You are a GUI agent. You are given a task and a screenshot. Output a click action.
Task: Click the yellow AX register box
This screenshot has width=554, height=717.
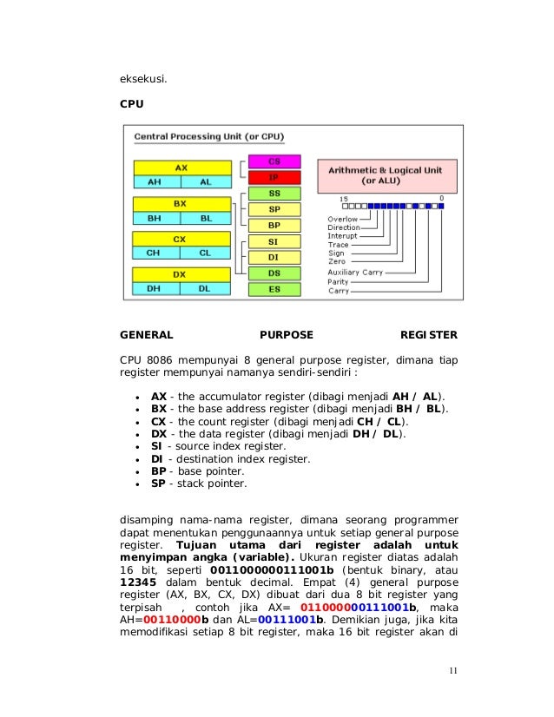pos(181,167)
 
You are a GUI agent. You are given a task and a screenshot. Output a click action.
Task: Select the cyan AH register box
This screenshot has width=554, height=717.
pos(155,182)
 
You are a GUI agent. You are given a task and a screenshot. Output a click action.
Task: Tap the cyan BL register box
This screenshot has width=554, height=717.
pos(205,218)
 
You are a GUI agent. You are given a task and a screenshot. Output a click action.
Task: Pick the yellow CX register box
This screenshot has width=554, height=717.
pos(181,238)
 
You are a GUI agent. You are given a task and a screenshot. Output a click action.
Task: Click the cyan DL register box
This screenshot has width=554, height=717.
pos(205,288)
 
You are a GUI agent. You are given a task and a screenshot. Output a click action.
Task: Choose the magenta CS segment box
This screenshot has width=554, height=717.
pos(274,161)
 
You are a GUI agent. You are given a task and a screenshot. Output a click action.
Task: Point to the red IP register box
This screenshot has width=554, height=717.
pos(274,176)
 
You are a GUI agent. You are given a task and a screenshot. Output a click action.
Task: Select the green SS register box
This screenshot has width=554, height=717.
pos(274,193)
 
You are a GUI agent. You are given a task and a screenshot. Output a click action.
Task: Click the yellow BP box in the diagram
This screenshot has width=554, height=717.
pos(274,224)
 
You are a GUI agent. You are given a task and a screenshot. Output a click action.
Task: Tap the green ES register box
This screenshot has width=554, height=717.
pos(274,288)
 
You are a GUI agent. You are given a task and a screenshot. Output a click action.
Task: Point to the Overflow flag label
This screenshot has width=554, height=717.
pos(341,219)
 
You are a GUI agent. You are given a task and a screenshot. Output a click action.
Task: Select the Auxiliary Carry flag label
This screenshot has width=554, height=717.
pos(355,272)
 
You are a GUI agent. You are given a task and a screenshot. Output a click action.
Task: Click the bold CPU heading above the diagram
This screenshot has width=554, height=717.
pos(131,103)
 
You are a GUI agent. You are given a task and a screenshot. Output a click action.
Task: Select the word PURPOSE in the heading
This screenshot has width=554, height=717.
pos(287,334)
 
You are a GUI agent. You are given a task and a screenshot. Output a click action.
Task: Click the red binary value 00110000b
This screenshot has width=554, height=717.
pos(175,621)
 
